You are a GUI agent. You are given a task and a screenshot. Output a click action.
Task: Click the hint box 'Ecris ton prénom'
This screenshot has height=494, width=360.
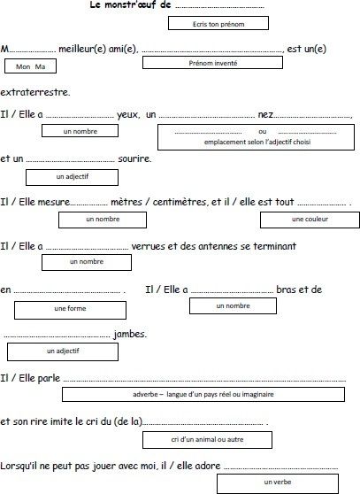click(218, 23)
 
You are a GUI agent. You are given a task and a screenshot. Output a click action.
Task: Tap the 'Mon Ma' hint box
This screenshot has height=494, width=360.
click(31, 66)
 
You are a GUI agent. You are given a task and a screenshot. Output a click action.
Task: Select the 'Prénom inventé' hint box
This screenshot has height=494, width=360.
click(212, 62)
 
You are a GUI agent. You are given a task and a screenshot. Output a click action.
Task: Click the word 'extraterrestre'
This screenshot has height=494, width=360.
click(34, 92)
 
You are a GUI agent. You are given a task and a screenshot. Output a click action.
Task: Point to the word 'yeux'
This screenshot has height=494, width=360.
click(128, 115)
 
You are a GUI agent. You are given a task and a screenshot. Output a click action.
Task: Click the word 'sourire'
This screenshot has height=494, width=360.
click(134, 158)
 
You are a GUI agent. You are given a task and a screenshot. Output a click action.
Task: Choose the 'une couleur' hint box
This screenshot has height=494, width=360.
click(310, 220)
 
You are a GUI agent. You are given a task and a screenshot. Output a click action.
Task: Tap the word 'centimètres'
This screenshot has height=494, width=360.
click(179, 202)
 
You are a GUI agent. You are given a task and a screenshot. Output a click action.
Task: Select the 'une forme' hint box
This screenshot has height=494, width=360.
click(70, 311)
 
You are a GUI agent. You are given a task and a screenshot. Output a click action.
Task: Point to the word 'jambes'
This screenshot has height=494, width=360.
click(130, 334)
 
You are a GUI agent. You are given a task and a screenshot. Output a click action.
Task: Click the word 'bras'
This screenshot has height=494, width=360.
click(285, 289)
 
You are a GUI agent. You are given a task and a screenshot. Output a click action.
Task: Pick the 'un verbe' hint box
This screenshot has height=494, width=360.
click(278, 483)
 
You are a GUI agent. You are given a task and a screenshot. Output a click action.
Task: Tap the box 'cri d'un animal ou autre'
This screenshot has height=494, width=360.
click(207, 440)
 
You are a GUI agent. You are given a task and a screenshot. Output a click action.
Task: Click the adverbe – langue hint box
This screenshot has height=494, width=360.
click(203, 395)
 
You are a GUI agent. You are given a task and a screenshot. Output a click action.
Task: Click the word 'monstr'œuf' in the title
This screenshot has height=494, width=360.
click(130, 4)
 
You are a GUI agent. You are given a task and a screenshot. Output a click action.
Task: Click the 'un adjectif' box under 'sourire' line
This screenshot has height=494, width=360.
click(72, 177)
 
